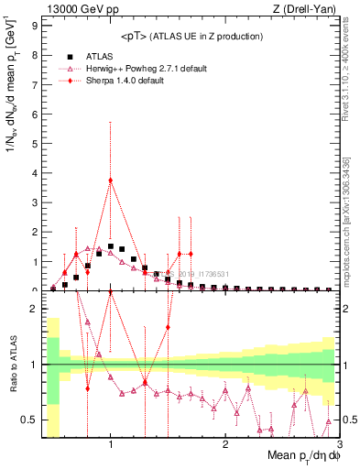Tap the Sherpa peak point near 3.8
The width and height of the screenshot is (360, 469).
tap(111, 180)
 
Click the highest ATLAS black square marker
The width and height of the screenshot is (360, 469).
tap(111, 246)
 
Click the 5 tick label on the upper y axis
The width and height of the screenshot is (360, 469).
tap(35, 144)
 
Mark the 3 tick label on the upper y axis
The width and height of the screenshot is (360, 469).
tap(35, 202)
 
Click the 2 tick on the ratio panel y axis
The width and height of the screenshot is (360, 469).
tap(33, 309)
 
